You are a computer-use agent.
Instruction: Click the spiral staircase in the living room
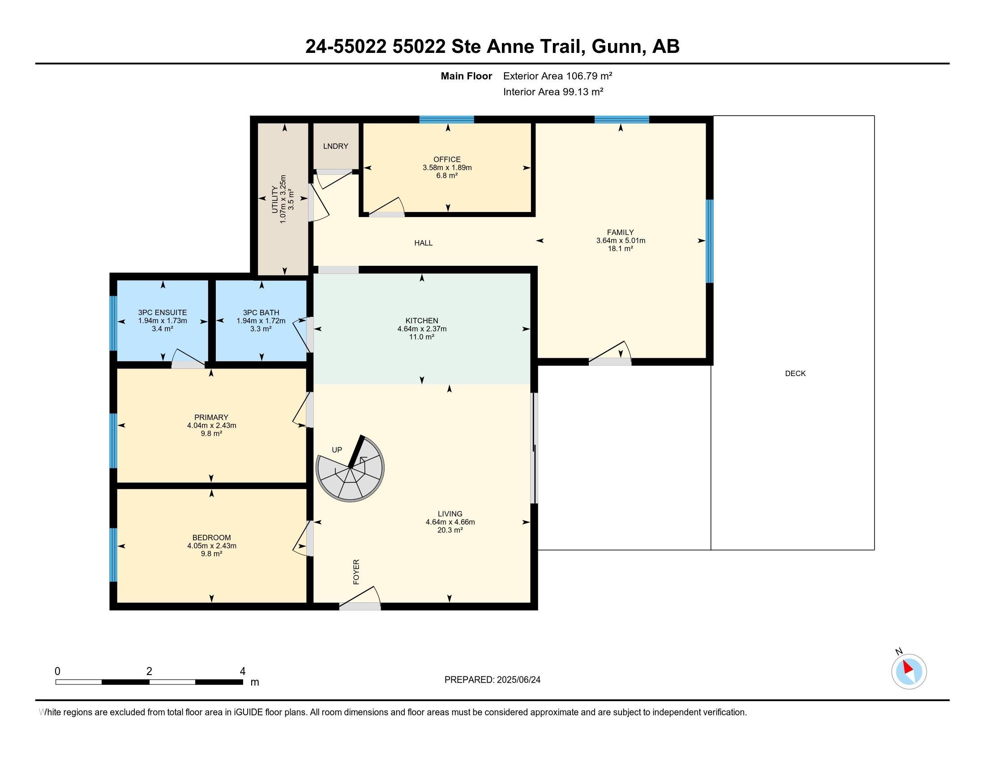(x=351, y=469)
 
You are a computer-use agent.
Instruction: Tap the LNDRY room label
(x=335, y=146)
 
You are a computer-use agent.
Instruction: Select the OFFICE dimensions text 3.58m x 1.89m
(x=447, y=168)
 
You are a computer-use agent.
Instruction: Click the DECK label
(x=795, y=373)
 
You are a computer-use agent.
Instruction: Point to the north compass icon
(x=909, y=671)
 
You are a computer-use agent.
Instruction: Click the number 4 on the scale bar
(x=243, y=671)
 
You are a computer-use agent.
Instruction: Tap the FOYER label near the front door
(x=356, y=572)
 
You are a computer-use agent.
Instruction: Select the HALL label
(x=423, y=243)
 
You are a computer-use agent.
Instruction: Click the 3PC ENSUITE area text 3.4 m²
(x=163, y=329)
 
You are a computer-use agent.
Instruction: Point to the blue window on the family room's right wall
(x=710, y=241)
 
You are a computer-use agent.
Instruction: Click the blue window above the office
(x=446, y=120)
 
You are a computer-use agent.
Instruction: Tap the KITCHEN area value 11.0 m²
(x=422, y=337)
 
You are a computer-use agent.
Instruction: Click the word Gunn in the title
(x=617, y=47)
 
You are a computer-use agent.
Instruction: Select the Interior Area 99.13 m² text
(x=553, y=92)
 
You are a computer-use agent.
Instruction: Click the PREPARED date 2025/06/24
(x=518, y=680)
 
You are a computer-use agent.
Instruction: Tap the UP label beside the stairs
(x=337, y=450)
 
